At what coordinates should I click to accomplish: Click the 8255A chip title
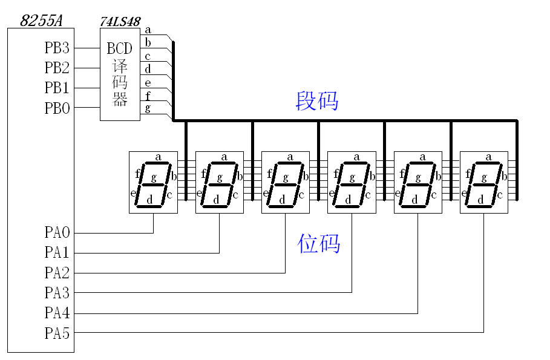click(41, 21)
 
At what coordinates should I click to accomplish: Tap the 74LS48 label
click(120, 22)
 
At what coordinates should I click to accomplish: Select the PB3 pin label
click(57, 48)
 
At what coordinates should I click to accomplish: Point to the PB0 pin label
click(57, 108)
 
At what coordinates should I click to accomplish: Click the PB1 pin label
click(57, 88)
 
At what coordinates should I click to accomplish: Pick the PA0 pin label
click(57, 232)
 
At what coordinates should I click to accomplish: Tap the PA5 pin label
click(57, 333)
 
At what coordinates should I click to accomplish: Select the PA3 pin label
click(57, 293)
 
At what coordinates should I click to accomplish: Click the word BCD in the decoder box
click(119, 48)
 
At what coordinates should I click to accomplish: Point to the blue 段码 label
click(316, 100)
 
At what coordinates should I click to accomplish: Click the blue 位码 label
click(319, 243)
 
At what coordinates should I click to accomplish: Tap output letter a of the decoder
click(148, 30)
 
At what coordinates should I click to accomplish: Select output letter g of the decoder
click(148, 108)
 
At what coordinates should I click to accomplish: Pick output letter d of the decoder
click(148, 69)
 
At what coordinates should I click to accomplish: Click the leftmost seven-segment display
click(153, 182)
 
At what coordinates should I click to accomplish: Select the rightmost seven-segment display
click(484, 182)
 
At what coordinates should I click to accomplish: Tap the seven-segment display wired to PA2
click(286, 182)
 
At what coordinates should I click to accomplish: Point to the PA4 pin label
click(57, 313)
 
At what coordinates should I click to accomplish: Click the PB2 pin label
click(57, 68)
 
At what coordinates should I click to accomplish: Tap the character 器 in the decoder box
click(120, 100)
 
